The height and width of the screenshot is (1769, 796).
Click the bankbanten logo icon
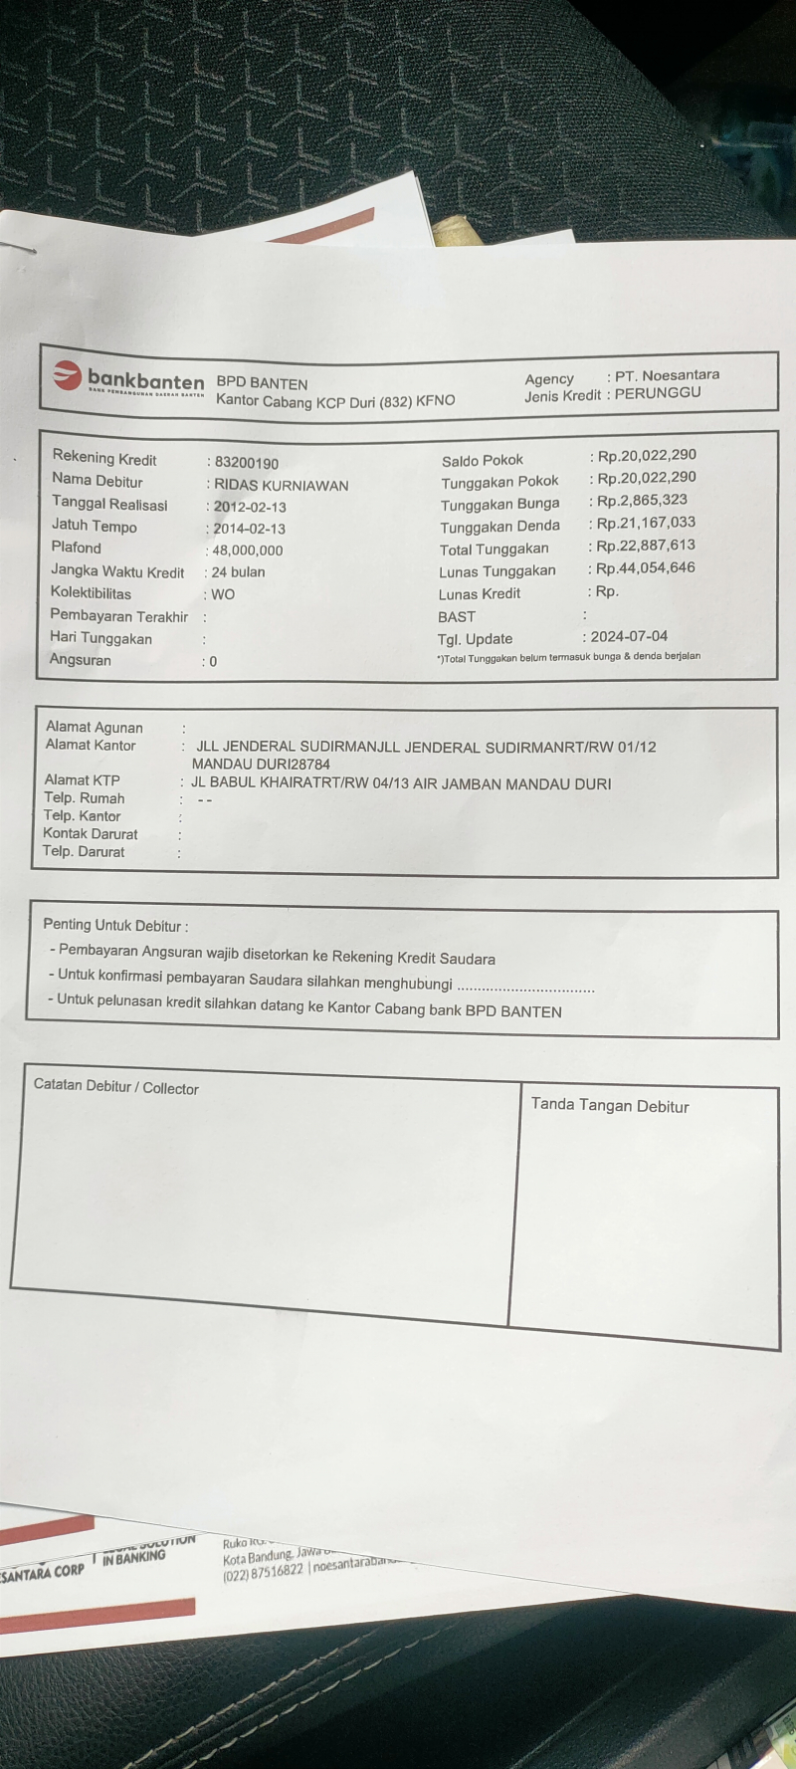(x=67, y=375)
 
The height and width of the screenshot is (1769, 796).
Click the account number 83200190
(x=247, y=463)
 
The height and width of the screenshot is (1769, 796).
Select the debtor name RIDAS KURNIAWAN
(x=282, y=485)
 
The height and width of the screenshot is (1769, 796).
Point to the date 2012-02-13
(x=250, y=507)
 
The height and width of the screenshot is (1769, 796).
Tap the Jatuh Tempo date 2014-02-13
(x=249, y=529)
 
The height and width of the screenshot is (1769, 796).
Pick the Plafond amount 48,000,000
(x=248, y=551)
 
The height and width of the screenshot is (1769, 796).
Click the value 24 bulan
(x=238, y=572)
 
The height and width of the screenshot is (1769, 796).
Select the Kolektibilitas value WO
(x=223, y=594)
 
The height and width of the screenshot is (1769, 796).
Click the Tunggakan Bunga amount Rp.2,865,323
(x=642, y=500)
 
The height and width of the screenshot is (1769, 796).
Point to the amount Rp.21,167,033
(x=646, y=522)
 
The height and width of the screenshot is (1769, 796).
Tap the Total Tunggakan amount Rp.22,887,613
(x=646, y=545)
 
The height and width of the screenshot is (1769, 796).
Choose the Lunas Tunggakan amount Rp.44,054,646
(x=646, y=567)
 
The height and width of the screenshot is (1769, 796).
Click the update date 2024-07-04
(x=629, y=636)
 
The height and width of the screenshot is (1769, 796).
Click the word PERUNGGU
(x=658, y=392)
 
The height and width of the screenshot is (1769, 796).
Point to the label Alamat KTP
(x=82, y=779)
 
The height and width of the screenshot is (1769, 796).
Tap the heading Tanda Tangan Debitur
(x=610, y=1105)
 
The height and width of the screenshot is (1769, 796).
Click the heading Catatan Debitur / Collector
(x=116, y=1086)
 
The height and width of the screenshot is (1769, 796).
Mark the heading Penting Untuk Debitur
(x=114, y=925)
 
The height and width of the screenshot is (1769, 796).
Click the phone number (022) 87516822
(x=263, y=1572)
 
